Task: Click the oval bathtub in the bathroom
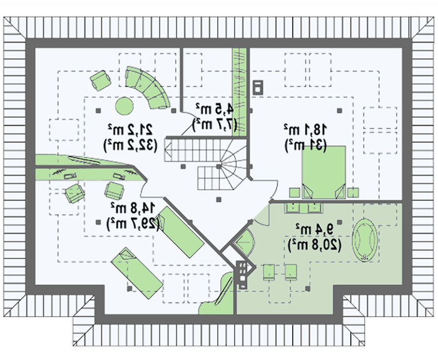click(x=366, y=239)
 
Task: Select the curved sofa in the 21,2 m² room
click(x=147, y=88)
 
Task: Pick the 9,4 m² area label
click(x=307, y=227)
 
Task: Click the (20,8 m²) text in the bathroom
click(x=314, y=244)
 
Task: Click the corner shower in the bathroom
click(x=243, y=243)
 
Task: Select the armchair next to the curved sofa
click(x=99, y=80)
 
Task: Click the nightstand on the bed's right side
click(x=354, y=191)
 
